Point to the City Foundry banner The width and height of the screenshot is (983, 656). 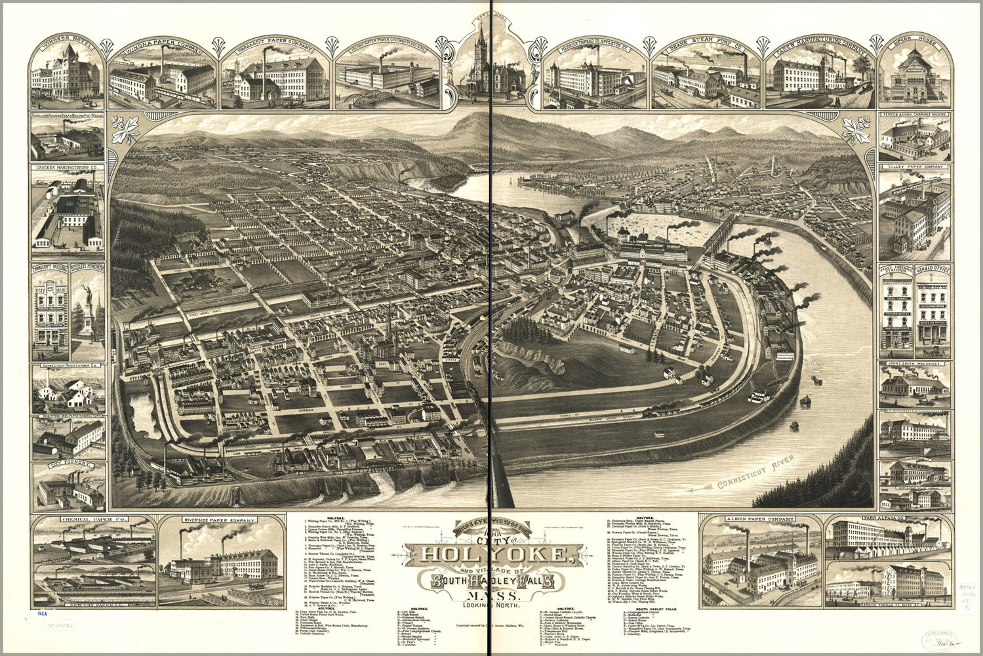tap(66, 466)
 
